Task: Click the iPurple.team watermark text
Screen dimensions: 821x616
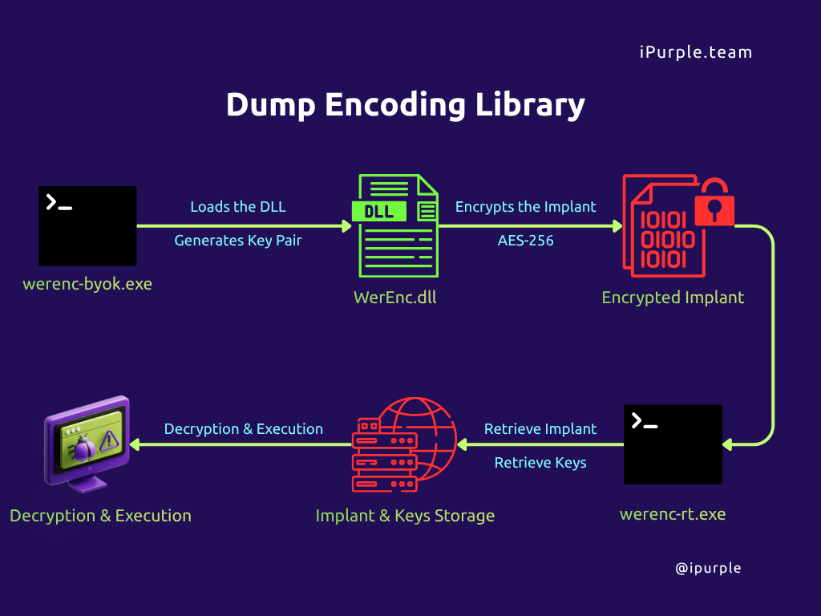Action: tap(696, 52)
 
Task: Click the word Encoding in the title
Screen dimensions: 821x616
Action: tap(395, 105)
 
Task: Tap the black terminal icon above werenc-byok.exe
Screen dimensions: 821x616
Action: tap(87, 225)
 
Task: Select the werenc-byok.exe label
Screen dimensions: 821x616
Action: tap(87, 284)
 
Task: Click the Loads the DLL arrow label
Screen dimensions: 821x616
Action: tap(238, 207)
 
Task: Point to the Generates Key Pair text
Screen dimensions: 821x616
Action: tap(238, 241)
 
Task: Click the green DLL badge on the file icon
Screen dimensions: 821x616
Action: tap(379, 212)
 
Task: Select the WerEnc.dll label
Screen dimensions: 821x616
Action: tap(395, 298)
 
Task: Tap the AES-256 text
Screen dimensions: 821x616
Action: tap(526, 241)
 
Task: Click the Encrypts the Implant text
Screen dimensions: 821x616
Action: tap(526, 207)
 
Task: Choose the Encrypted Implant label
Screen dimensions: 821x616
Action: tap(673, 298)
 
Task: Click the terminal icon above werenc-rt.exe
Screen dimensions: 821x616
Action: tap(673, 444)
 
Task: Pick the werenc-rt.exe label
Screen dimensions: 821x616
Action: tap(673, 514)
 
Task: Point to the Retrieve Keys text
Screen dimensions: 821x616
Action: tap(540, 463)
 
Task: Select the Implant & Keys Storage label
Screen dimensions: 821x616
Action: tap(405, 516)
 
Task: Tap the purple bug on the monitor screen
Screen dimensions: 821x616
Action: tap(83, 448)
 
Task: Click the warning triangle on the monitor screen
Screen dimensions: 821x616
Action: tap(109, 440)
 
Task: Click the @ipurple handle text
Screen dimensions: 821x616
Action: tap(709, 569)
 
